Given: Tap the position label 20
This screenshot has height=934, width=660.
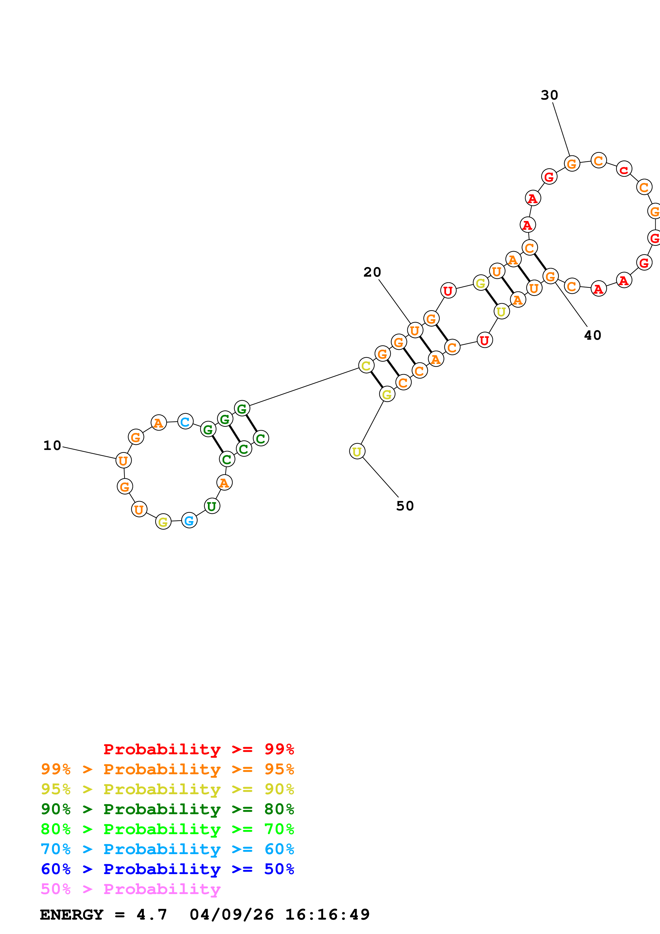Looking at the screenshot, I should (x=372, y=272).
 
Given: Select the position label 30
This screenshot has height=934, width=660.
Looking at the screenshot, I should (x=550, y=95).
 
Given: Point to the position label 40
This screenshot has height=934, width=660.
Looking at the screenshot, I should (x=592, y=335).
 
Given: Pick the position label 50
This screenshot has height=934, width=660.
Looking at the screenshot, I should (x=405, y=506).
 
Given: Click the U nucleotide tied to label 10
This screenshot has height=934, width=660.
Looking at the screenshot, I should (x=123, y=461).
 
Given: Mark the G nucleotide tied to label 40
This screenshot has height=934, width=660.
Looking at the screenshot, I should (x=550, y=277).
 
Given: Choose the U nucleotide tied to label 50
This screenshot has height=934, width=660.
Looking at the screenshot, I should (x=357, y=451).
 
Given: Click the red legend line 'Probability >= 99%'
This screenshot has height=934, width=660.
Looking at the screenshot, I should (x=198, y=749).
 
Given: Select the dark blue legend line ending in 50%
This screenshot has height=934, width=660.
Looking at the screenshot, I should (x=167, y=869).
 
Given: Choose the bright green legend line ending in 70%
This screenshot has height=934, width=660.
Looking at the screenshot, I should (x=167, y=829).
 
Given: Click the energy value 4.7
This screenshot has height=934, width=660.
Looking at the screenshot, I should (x=152, y=915).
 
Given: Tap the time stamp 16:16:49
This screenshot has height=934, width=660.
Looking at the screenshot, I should (x=327, y=915).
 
